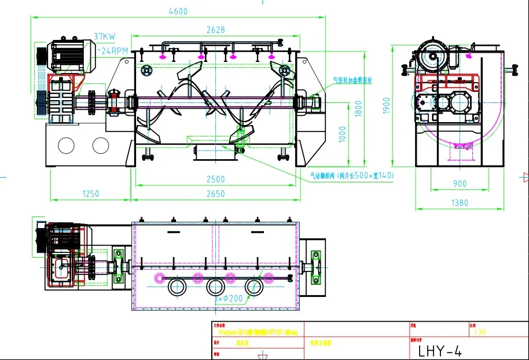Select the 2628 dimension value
pyautogui.click(x=215, y=31)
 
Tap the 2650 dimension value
pyautogui.click(x=215, y=194)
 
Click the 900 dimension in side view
pyautogui.click(x=459, y=183)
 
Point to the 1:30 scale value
pyautogui.click(x=480, y=332)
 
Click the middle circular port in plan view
pyautogui.click(x=216, y=286)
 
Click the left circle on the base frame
pyautogui.click(x=66, y=145)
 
